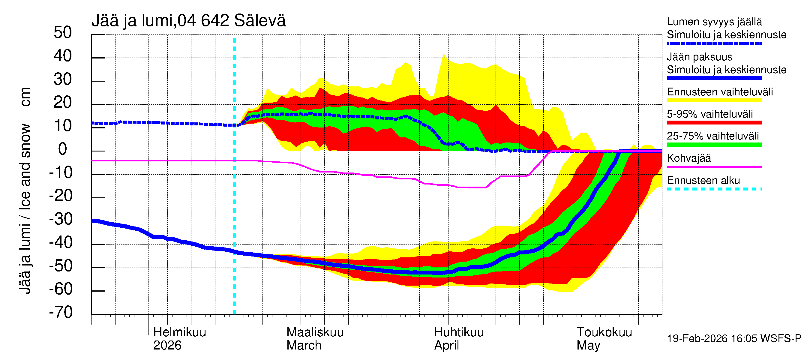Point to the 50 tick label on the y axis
pos(63,33)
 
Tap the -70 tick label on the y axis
pos(61,313)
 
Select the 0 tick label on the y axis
pos(63,149)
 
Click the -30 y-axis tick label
pos(61,219)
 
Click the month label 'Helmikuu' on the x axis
pos(179,332)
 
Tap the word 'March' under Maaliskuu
pos(304,346)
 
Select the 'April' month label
pos(446,346)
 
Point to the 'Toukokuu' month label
pos(604,332)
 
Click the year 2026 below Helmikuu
pos(167,346)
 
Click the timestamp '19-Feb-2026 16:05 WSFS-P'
pos(734,339)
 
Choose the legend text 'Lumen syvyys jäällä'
pos(714,22)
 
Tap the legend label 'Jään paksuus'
pos(699,57)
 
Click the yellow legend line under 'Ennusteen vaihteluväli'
pos(714,100)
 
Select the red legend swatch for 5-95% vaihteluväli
pos(714,123)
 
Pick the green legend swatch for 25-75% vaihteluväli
pos(714,145)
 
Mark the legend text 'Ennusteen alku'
pos(703,181)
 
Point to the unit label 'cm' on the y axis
pos(25,97)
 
